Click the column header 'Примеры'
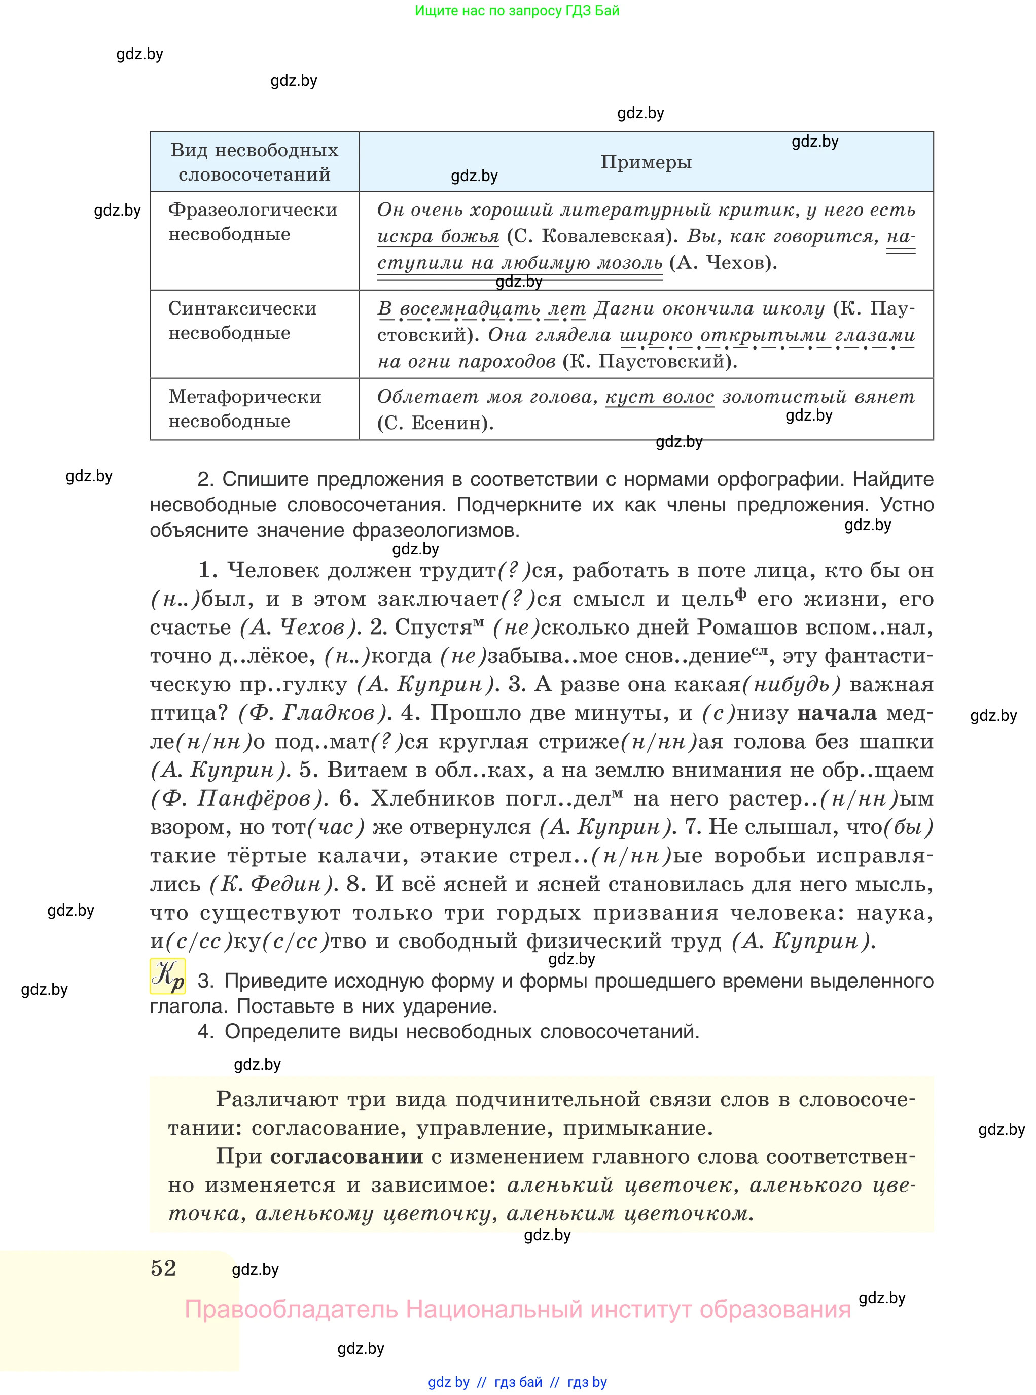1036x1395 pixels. tap(646, 162)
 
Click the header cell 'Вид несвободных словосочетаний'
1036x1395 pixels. tap(254, 162)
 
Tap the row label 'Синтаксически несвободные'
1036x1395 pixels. tap(242, 321)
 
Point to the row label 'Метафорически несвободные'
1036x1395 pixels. tap(244, 408)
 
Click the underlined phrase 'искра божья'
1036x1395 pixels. tap(438, 236)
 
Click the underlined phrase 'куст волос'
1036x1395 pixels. tap(659, 397)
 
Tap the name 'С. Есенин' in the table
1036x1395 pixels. tap(435, 424)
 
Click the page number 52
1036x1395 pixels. tap(164, 1268)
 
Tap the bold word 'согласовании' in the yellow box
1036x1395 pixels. tap(346, 1156)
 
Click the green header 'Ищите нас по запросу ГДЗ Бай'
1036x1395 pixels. tap(517, 11)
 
